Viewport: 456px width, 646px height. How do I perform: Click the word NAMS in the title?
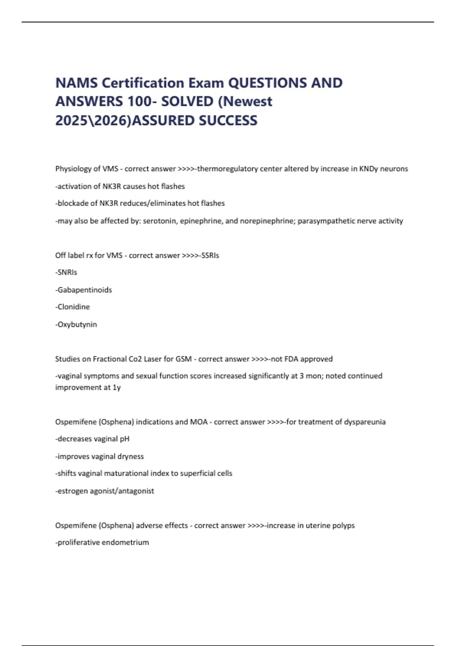pos(76,83)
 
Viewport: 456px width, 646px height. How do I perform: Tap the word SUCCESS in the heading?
pos(228,120)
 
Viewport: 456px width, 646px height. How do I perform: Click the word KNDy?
pos(369,169)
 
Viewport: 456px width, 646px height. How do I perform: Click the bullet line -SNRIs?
pos(66,272)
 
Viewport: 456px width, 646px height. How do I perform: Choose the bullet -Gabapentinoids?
pos(84,290)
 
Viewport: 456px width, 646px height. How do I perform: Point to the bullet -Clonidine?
pos(73,307)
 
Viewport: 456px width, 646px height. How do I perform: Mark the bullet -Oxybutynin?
pos(76,325)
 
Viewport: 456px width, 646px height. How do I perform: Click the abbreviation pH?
pos(125,439)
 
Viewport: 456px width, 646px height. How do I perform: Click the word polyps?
pos(344,526)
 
